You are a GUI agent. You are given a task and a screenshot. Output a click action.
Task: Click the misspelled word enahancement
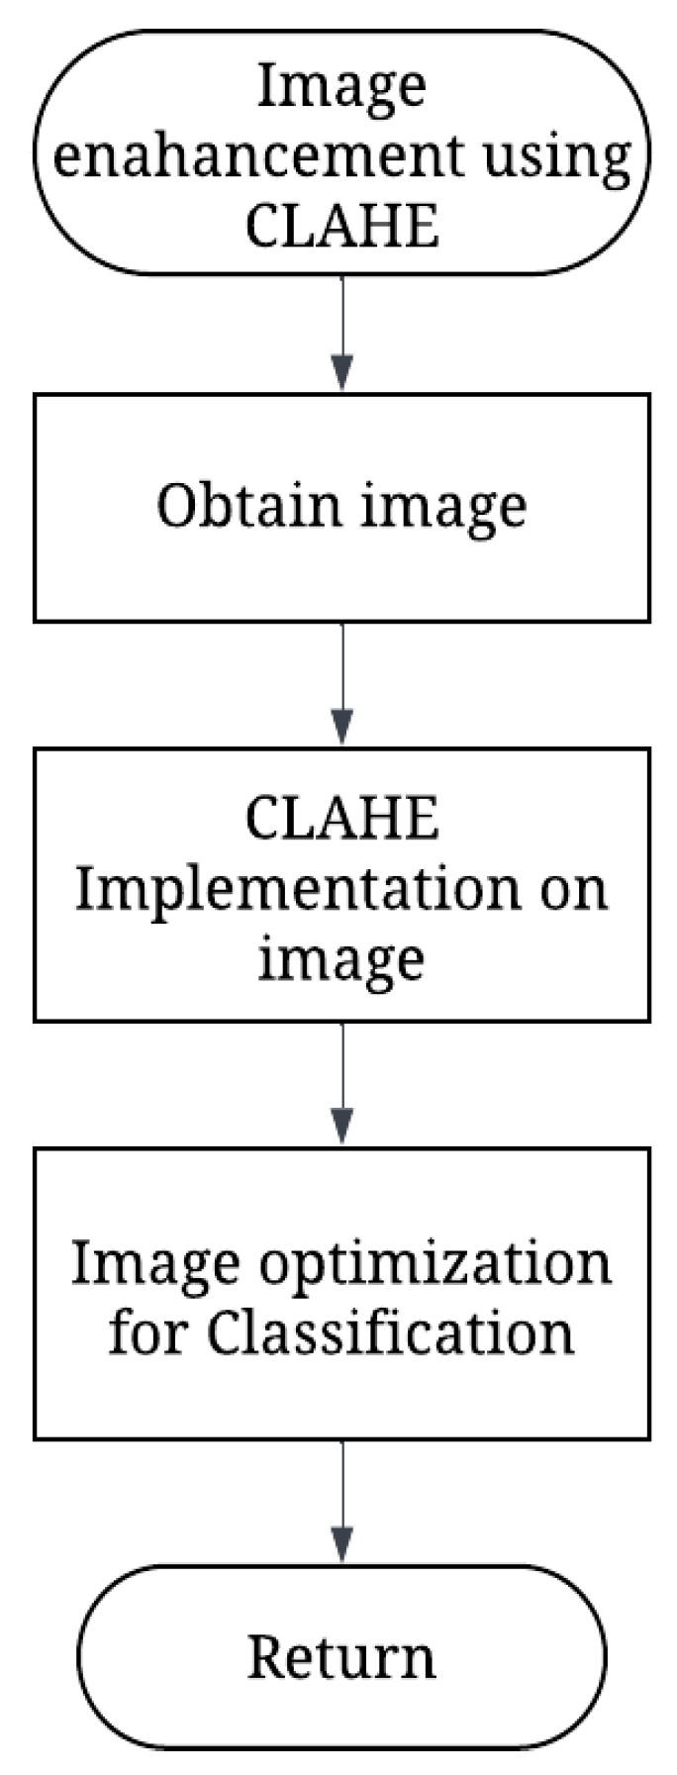tap(256, 155)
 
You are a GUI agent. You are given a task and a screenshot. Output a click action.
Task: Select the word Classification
tap(391, 1333)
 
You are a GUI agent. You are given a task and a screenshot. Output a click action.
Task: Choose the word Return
tap(341, 1656)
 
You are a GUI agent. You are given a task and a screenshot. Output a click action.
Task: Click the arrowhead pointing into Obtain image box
tap(341, 375)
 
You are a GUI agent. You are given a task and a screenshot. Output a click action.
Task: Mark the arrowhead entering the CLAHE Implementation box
tap(341, 730)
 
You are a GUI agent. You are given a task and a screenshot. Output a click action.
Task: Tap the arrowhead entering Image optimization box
tap(341, 1130)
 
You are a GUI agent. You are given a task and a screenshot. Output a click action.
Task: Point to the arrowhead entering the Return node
tap(341, 1546)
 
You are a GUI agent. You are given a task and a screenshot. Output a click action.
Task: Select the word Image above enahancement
tap(341, 87)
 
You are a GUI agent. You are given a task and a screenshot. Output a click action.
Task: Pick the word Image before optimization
tap(155, 1265)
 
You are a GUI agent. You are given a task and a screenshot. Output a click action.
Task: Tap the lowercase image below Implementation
tap(341, 959)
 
